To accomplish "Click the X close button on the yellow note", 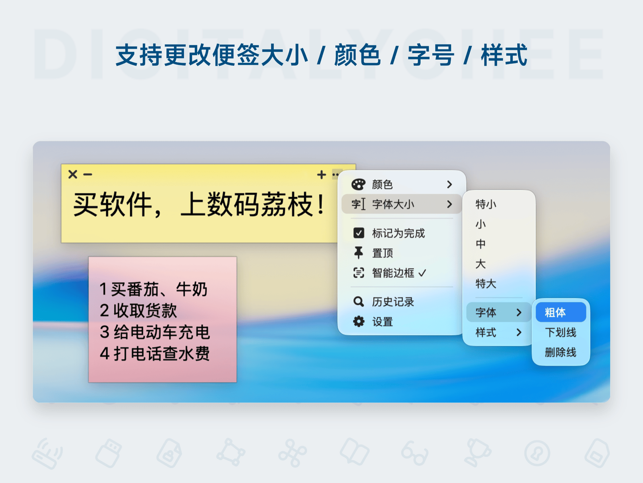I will tap(73, 174).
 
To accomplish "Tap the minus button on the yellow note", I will tap(88, 175).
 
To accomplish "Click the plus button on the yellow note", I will tap(321, 175).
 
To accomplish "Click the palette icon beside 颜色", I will tap(358, 184).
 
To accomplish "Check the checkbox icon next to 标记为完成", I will tap(359, 233).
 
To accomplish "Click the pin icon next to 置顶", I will tap(358, 253).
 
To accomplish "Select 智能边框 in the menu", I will tap(393, 273).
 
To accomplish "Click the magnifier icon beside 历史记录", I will tap(358, 302).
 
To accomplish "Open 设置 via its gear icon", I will tap(358, 321).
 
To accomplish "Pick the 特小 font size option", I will tap(486, 204).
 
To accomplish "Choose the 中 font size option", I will tap(481, 244).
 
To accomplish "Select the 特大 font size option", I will tap(486, 284).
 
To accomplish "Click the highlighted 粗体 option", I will tap(561, 312).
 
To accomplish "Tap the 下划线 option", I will tap(561, 332).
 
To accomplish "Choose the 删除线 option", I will tap(561, 352).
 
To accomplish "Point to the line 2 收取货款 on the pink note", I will tap(138, 311).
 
